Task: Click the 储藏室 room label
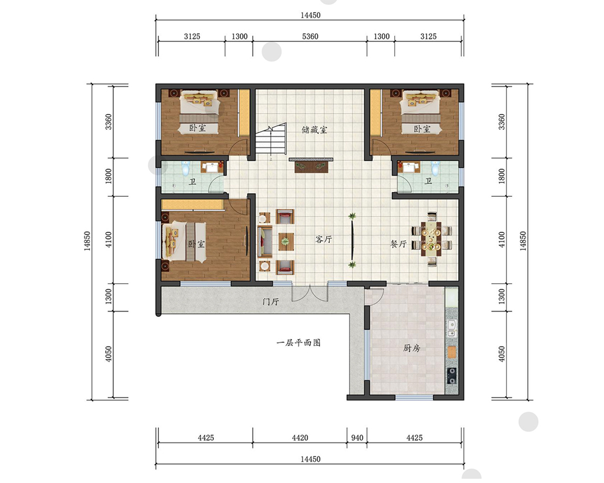coord(314,129)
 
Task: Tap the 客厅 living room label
coord(324,239)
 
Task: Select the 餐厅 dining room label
coord(399,243)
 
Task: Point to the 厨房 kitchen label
coord(411,348)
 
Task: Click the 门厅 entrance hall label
coord(271,302)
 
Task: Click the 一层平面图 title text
coord(298,342)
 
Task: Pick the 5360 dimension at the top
coord(310,36)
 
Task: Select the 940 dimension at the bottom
coord(357,438)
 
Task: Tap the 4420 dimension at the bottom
coord(300,438)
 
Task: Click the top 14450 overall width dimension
coord(310,15)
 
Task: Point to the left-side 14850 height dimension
coord(88,241)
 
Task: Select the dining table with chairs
coord(431,239)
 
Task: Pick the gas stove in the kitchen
coord(452,375)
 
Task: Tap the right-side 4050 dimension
coord(501,354)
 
